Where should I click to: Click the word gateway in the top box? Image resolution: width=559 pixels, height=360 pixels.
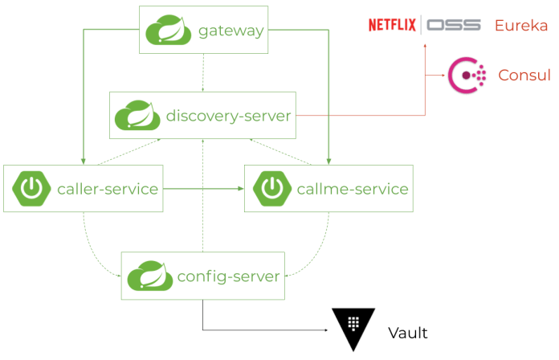pyautogui.click(x=231, y=31)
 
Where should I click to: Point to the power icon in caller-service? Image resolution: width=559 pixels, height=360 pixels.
pyautogui.click(x=31, y=189)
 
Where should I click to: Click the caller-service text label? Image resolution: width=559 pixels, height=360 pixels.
pyautogui.click(x=108, y=190)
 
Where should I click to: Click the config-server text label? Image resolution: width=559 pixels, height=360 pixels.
pyautogui.click(x=229, y=276)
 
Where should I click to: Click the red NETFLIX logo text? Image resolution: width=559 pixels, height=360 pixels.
pyautogui.click(x=392, y=26)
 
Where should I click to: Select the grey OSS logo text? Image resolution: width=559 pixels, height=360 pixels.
pyautogui.click(x=455, y=26)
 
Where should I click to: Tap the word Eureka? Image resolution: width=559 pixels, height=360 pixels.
pyautogui.click(x=520, y=26)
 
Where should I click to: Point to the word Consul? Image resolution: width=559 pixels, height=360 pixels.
pyautogui.click(x=524, y=75)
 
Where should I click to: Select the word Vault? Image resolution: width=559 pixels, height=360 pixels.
pyautogui.click(x=408, y=333)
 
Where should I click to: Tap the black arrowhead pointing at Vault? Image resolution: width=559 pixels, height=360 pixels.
pyautogui.click(x=327, y=329)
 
